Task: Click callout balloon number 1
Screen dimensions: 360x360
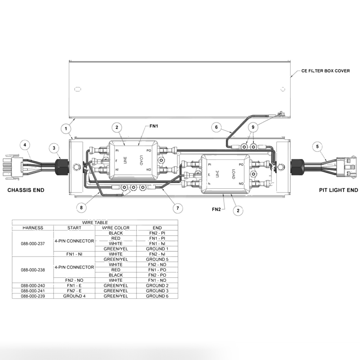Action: [66, 129]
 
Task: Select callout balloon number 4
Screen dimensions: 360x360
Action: [25, 145]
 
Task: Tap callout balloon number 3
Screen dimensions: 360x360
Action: [54, 148]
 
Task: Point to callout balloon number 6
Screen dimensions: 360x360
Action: [216, 127]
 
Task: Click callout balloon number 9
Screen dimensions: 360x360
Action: [253, 127]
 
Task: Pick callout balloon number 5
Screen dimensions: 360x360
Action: [317, 147]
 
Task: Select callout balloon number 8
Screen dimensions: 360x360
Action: [81, 208]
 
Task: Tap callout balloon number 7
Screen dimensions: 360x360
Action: [177, 208]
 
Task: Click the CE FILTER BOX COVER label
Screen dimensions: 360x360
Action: [325, 71]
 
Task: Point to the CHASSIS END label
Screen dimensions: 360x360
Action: [26, 190]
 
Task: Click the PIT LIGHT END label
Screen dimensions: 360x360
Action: [338, 190]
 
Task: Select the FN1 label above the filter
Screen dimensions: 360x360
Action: [154, 126]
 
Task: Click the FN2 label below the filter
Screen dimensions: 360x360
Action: [216, 209]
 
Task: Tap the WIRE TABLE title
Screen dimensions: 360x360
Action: [95, 222]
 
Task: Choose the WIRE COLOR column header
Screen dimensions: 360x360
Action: [116, 228]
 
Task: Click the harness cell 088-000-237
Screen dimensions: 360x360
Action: [33, 244]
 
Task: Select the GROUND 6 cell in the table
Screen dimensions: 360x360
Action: [157, 296]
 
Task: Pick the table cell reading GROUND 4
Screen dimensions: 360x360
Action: [74, 296]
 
